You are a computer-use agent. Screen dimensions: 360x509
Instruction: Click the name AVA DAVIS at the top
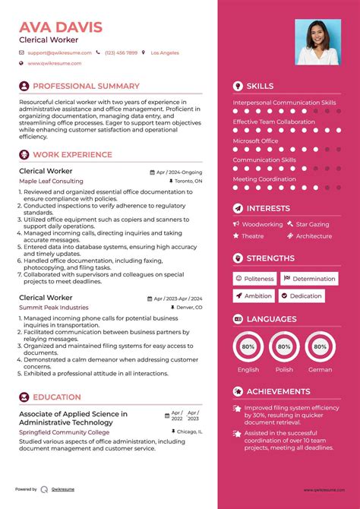[x=61, y=28]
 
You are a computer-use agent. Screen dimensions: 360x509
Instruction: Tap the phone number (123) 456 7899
[x=122, y=53]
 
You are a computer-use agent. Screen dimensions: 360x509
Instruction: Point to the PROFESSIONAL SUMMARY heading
[x=86, y=87]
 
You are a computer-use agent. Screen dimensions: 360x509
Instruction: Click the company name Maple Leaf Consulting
[x=51, y=182]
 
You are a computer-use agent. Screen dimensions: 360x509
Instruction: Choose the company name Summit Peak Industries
[x=54, y=307]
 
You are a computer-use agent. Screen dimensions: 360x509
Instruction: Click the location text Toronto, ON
[x=188, y=182]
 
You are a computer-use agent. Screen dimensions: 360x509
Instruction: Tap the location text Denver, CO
[x=188, y=307]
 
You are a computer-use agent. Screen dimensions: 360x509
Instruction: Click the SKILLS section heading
[x=260, y=87]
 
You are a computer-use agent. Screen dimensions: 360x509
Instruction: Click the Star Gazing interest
[x=312, y=224]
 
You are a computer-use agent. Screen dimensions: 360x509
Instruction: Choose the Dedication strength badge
[x=305, y=296]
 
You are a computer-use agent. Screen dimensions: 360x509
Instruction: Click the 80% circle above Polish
[x=284, y=346]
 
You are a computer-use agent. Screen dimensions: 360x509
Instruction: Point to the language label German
[x=321, y=370]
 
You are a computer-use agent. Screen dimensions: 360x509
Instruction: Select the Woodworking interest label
[x=262, y=224]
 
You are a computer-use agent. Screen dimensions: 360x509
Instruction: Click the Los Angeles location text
[x=165, y=53]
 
